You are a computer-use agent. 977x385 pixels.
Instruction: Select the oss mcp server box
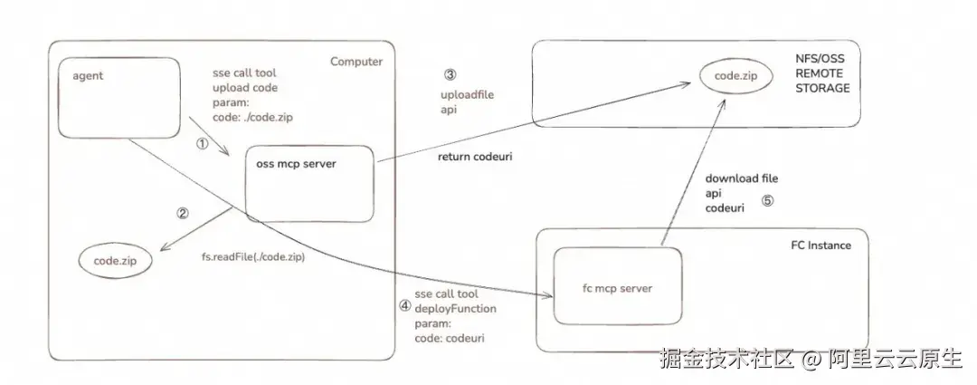pyautogui.click(x=310, y=183)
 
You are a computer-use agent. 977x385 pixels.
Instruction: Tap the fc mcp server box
pyautogui.click(x=617, y=288)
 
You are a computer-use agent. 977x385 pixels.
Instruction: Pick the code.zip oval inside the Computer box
pyautogui.click(x=116, y=261)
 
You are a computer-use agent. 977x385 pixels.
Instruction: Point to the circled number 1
pyautogui.click(x=203, y=143)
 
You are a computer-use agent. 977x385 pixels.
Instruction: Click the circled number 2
pyautogui.click(x=183, y=214)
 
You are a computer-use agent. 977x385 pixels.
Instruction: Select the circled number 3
pyautogui.click(x=450, y=74)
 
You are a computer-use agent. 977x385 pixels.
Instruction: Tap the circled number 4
pyautogui.click(x=404, y=305)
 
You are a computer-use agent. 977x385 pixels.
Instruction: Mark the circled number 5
pyautogui.click(x=767, y=201)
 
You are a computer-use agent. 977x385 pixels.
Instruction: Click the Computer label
pyautogui.click(x=356, y=62)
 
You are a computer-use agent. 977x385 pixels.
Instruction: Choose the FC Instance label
pyautogui.click(x=820, y=245)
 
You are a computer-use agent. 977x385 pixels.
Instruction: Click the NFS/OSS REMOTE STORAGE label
pyautogui.click(x=821, y=73)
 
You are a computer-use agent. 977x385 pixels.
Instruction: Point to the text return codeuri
pyautogui.click(x=475, y=157)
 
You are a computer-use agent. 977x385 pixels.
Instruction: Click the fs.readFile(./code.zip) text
pyautogui.click(x=252, y=257)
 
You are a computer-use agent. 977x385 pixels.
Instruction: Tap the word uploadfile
pyautogui.click(x=466, y=94)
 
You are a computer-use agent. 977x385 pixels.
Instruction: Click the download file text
pyautogui.click(x=741, y=178)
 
